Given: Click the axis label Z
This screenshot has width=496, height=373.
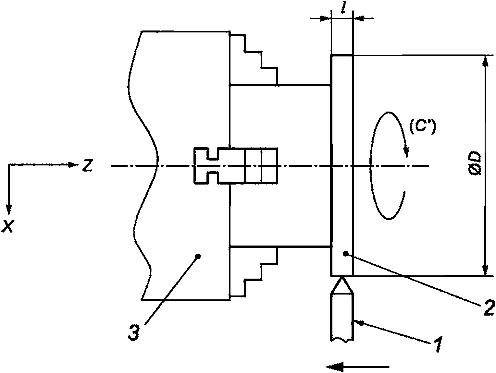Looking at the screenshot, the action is click(x=87, y=166).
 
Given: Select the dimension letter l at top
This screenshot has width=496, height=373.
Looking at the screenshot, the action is click(x=343, y=8).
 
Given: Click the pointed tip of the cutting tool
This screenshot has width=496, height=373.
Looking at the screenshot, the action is click(x=342, y=277).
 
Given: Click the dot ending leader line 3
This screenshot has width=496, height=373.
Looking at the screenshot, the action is click(x=198, y=256).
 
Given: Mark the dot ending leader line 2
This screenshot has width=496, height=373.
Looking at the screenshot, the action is click(x=345, y=254).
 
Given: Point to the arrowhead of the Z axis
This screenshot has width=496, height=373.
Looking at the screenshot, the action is click(x=73, y=165).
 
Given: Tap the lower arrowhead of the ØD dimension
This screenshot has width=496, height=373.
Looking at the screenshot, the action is click(x=485, y=269).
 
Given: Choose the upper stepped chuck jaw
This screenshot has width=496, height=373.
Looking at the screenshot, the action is click(x=254, y=59).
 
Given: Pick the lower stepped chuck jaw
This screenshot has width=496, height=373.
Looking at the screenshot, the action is click(x=254, y=272).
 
